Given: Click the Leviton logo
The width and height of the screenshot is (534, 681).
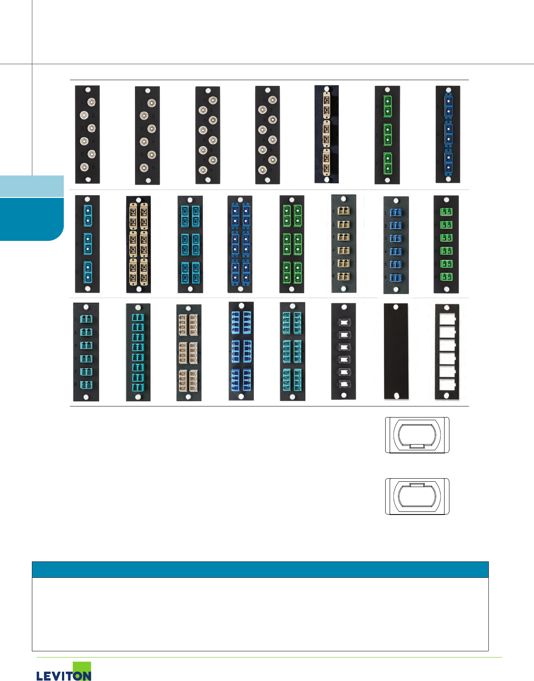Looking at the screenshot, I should click(x=64, y=672).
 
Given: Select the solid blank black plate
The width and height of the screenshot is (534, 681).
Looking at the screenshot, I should click(x=396, y=352).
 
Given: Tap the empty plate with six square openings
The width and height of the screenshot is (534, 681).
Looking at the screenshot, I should click(x=447, y=352).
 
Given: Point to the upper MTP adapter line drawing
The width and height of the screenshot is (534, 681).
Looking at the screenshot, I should click(x=417, y=435).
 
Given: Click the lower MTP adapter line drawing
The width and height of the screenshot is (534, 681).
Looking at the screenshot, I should click(x=417, y=496).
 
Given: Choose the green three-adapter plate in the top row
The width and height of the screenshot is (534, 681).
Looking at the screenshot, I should click(x=387, y=135).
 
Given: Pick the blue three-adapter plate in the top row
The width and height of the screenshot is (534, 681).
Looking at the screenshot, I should click(x=448, y=134).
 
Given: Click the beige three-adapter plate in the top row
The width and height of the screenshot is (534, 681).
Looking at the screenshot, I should click(x=327, y=134).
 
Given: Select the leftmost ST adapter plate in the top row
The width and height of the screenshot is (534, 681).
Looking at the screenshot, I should click(x=87, y=135).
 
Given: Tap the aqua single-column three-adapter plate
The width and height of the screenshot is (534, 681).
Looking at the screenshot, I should click(x=87, y=244).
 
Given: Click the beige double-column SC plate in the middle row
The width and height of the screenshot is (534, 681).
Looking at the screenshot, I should click(x=139, y=244).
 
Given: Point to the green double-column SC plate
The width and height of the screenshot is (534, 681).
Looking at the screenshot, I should click(x=292, y=244).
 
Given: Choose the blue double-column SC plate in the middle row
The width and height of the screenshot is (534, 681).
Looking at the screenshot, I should click(x=240, y=244).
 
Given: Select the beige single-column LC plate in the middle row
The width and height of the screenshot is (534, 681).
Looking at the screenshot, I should click(x=344, y=244).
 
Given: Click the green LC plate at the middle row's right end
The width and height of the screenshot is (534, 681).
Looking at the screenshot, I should click(x=446, y=244).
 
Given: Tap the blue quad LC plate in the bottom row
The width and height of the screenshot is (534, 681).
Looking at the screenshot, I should click(x=241, y=351).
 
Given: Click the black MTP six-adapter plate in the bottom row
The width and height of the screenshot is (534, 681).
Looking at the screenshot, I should click(x=344, y=352).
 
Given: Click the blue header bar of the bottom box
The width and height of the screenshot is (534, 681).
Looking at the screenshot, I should click(x=260, y=569).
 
